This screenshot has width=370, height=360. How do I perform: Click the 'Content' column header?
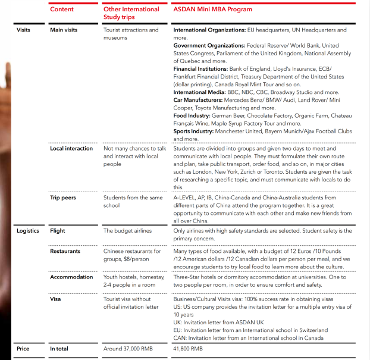click(x=62, y=10)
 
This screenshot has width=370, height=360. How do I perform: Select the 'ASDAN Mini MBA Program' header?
click(x=212, y=10)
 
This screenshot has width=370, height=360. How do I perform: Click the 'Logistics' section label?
click(x=27, y=231)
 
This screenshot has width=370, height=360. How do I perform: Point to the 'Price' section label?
click(x=23, y=349)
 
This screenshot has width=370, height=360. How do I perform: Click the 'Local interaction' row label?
click(x=71, y=149)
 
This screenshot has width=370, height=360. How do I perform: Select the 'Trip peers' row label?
click(x=63, y=198)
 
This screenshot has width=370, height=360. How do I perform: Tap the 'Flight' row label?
click(x=58, y=231)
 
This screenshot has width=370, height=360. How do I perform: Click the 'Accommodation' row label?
click(x=71, y=277)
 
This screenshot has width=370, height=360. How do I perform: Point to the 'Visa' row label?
click(x=55, y=299)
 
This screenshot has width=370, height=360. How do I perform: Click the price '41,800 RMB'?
click(x=187, y=349)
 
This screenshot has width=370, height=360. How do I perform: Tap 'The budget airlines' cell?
click(x=127, y=231)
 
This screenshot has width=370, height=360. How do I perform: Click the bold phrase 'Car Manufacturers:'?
click(x=198, y=101)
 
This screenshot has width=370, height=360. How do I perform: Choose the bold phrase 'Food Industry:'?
click(x=193, y=116)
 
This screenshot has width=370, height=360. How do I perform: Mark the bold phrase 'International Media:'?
click(x=199, y=93)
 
